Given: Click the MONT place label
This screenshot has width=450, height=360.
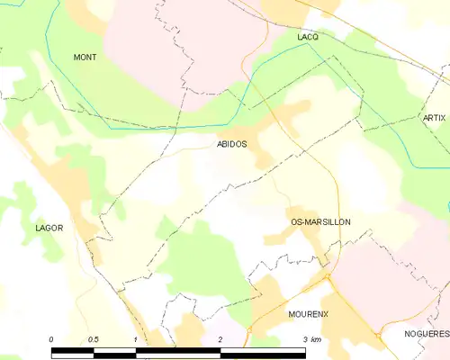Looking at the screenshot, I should pos(85,57).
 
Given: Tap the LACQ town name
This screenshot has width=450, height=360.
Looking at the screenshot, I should pos(308,37).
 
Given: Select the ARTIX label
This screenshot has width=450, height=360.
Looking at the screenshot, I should pos(434,119).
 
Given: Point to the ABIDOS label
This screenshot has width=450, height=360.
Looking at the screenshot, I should pos(233,143).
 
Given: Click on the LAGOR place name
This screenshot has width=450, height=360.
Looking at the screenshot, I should pos(49,228).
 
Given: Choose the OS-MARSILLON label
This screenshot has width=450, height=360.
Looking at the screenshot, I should pos(320,221).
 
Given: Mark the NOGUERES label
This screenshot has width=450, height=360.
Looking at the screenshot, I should pos(426,333).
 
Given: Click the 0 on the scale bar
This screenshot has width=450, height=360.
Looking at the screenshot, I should pos(51,339).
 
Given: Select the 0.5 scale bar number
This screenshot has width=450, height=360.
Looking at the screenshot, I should pos(93,339).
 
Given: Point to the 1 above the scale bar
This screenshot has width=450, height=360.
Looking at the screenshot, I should pos(135,339).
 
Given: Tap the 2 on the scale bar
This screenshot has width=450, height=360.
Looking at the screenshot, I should pos(220,339).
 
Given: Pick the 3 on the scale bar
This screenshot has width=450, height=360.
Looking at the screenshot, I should pos(305,339).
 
